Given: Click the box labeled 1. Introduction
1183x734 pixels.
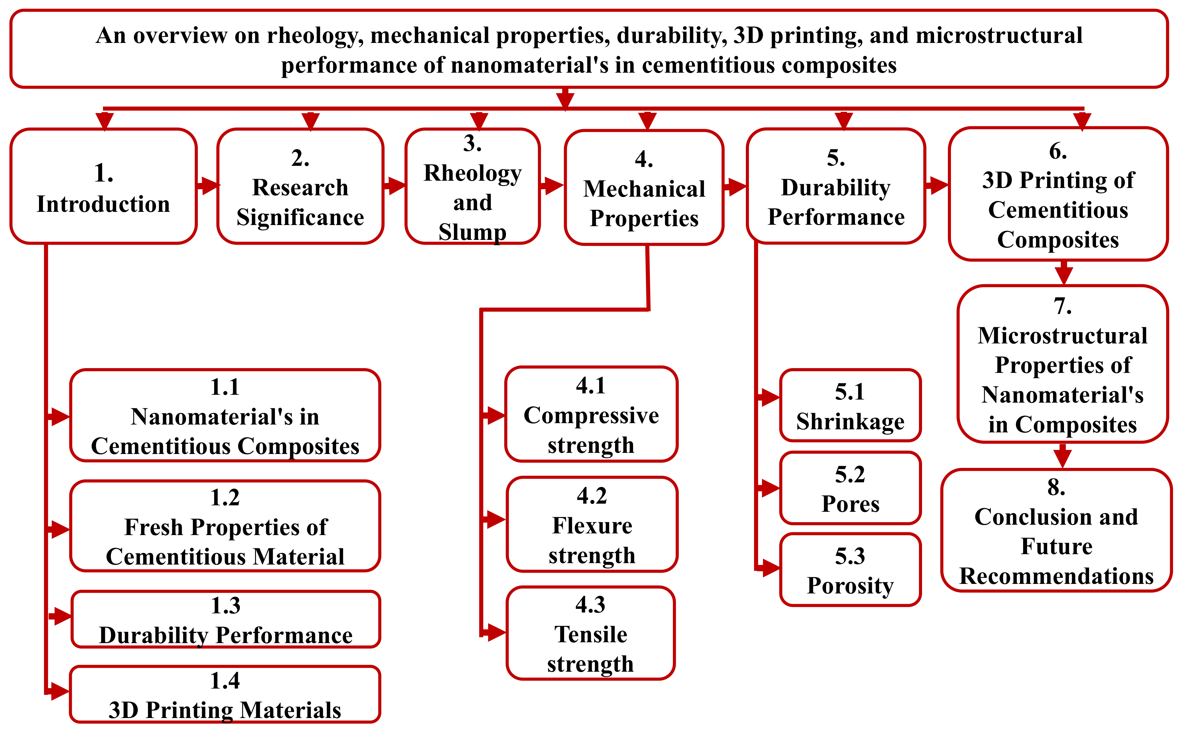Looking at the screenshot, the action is point(103,186).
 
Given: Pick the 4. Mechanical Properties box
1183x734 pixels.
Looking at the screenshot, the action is point(644,187).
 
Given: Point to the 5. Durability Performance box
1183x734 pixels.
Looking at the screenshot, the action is point(836,186).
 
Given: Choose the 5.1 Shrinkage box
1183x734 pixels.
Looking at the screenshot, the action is point(850,405).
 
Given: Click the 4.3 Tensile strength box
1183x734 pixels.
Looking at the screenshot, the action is point(591,633).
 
